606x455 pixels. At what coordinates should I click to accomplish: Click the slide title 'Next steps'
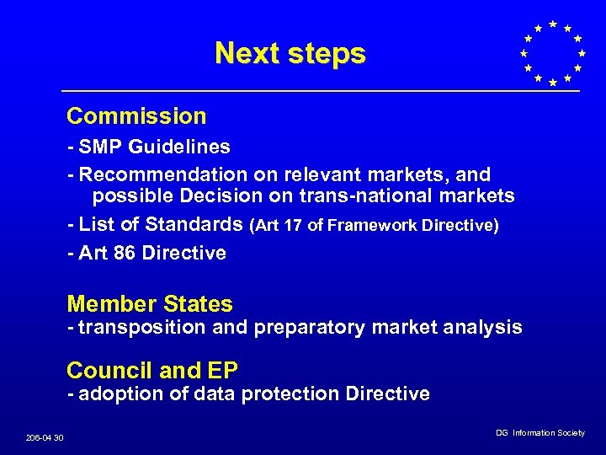pyautogui.click(x=290, y=53)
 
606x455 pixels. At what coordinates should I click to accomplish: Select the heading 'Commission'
pyautogui.click(x=136, y=116)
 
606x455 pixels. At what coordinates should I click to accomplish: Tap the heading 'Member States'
pyautogui.click(x=150, y=304)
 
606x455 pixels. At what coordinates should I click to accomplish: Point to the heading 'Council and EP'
pyautogui.click(x=152, y=370)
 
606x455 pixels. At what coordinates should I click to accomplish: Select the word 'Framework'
pyautogui.click(x=363, y=225)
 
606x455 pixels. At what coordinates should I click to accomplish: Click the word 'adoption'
pyautogui.click(x=120, y=393)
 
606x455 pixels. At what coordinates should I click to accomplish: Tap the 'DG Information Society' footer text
pyautogui.click(x=540, y=432)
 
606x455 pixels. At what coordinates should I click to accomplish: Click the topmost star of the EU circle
pyautogui.click(x=552, y=23)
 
